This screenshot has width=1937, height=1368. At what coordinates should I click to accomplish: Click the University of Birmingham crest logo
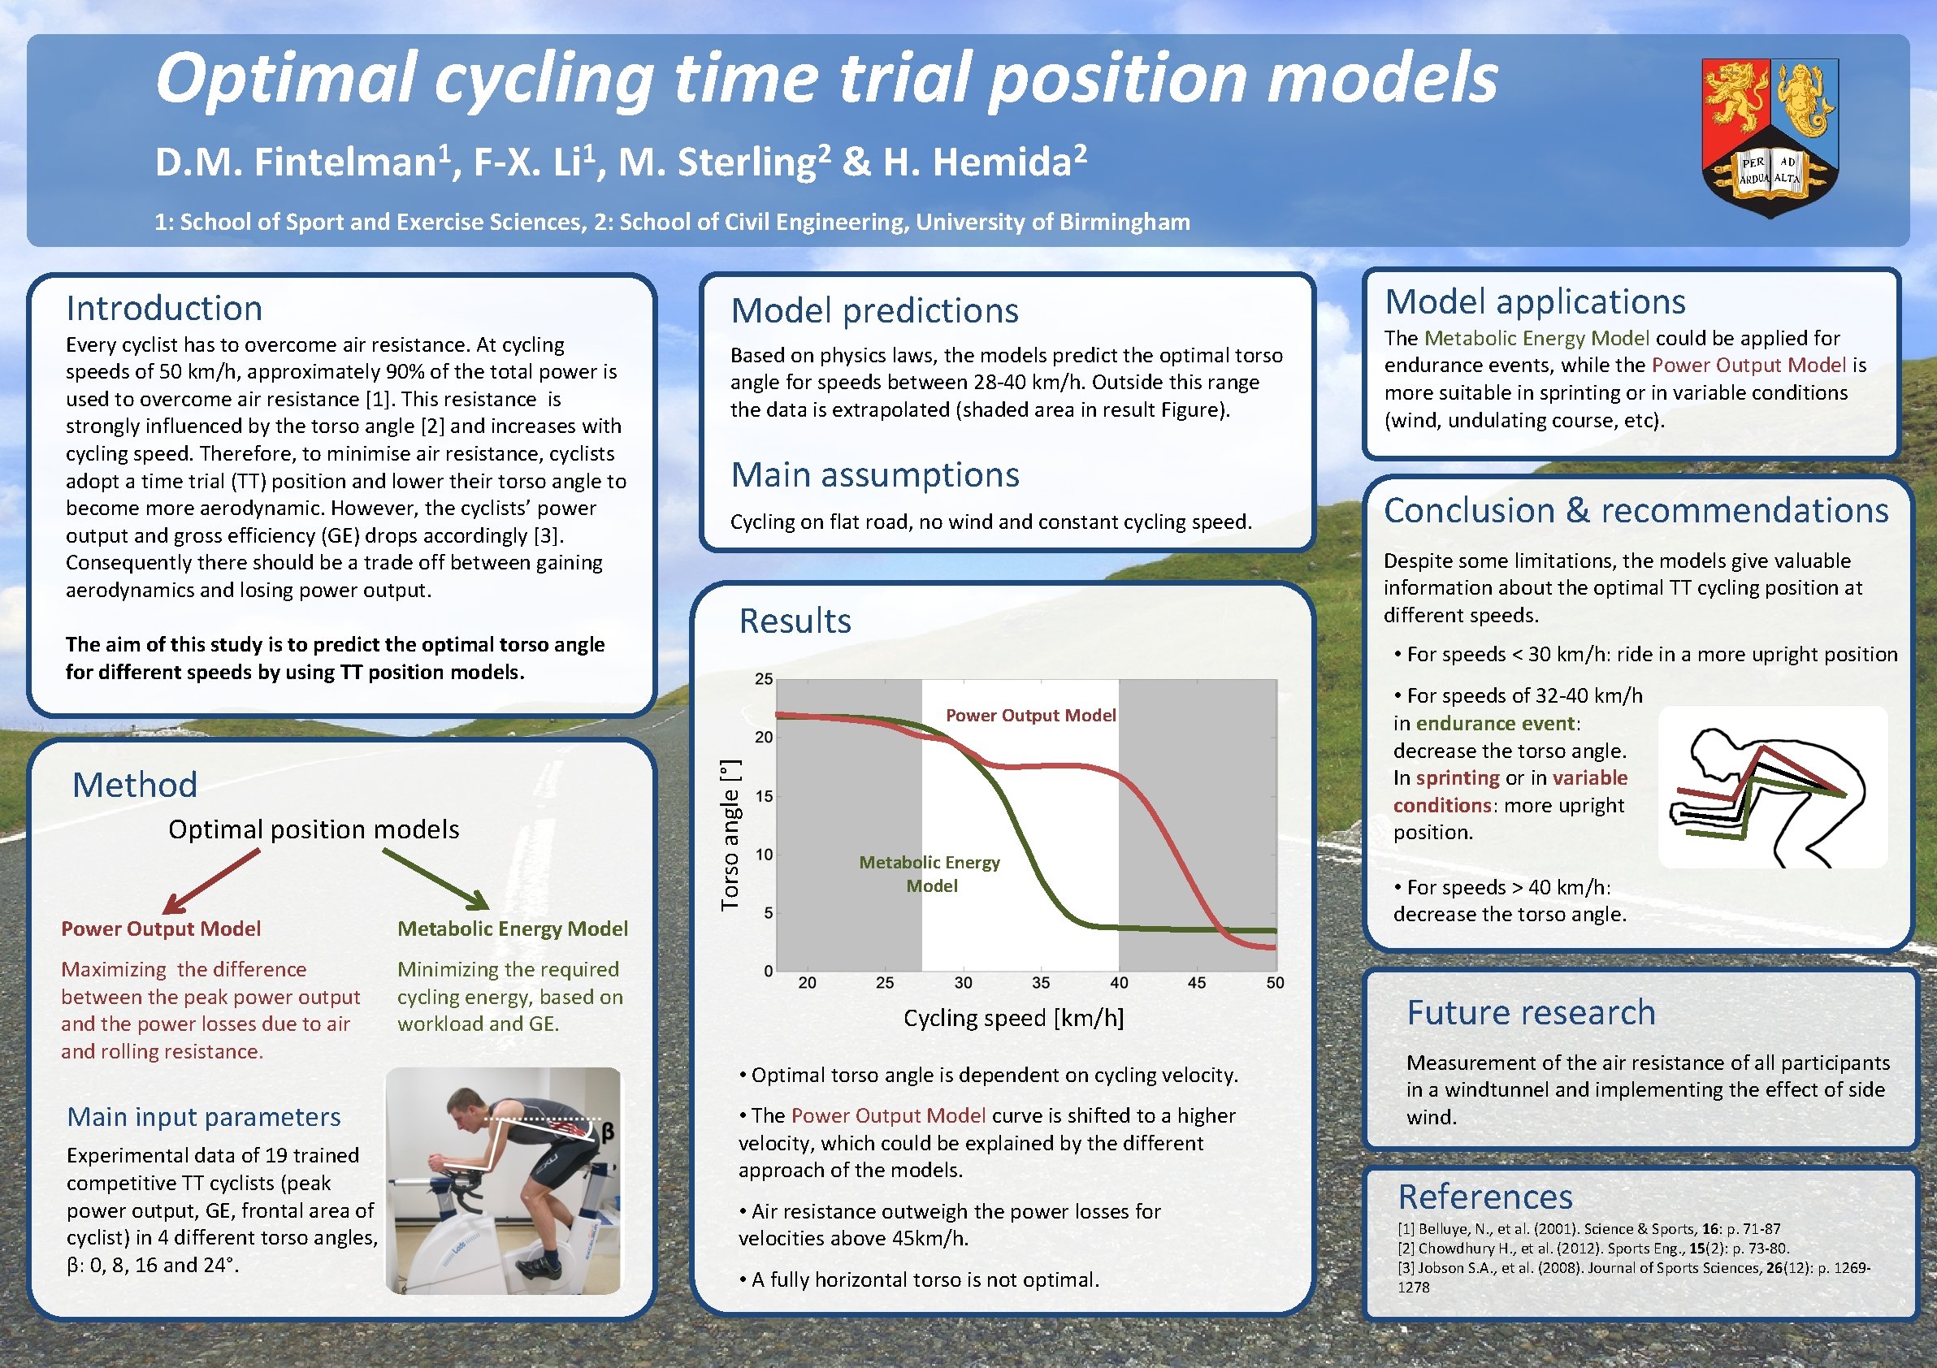[x=1769, y=136]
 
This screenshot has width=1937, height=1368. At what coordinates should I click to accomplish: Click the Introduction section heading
[x=163, y=308]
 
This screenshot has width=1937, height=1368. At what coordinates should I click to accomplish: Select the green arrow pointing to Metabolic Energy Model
[x=436, y=879]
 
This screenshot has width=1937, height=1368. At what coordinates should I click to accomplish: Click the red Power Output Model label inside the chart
[x=1030, y=715]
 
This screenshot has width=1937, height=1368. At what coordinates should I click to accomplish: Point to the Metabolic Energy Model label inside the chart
[x=929, y=874]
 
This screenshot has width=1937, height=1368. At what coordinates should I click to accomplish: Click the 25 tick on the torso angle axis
[x=764, y=679]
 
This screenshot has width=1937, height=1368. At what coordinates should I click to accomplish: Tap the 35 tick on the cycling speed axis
[x=1040, y=983]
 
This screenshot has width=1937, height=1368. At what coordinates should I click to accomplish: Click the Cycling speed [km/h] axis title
[x=1013, y=1018]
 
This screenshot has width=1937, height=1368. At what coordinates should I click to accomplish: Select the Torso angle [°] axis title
[x=730, y=835]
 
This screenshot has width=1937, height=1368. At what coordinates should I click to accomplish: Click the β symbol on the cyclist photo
[x=608, y=1132]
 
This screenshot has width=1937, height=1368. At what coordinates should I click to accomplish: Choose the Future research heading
[x=1531, y=1012]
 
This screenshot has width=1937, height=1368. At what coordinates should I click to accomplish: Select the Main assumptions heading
[x=875, y=475]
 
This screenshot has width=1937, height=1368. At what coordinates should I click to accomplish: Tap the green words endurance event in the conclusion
[x=1494, y=724]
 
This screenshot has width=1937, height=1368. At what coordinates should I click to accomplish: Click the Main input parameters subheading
[x=203, y=1117]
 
